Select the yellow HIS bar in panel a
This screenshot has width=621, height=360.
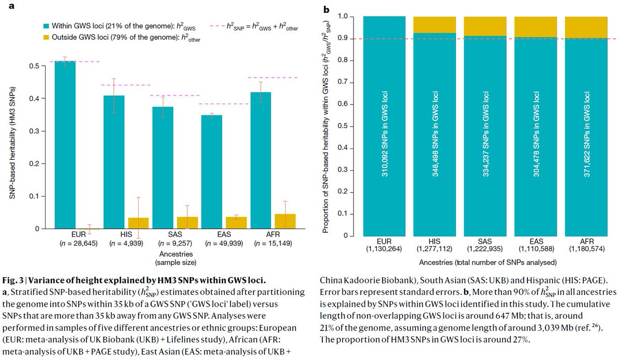138,223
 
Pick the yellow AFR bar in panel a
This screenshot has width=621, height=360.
285,221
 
